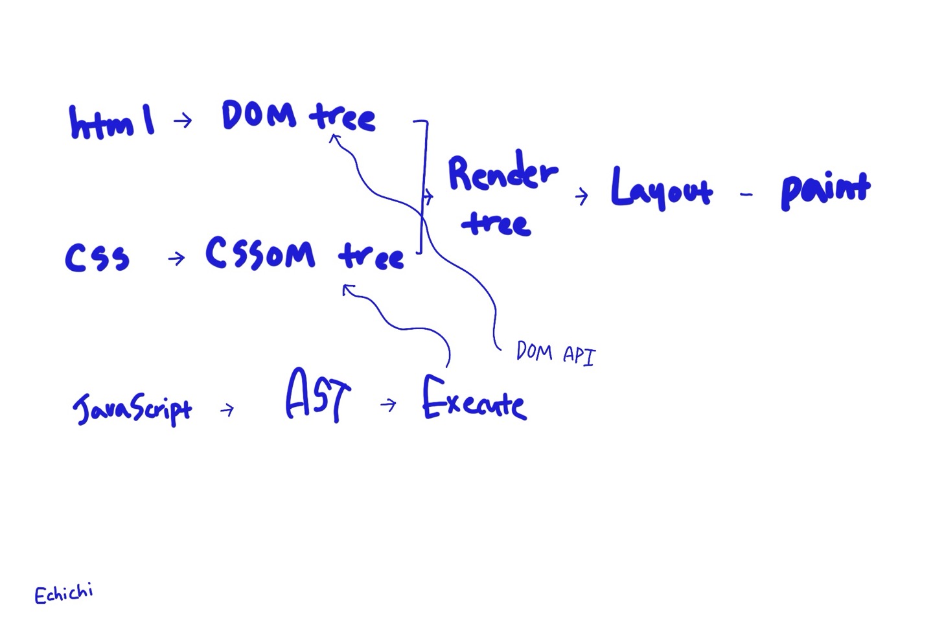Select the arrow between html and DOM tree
[x=183, y=120]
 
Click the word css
[x=97, y=257]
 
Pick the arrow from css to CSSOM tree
[x=176, y=259]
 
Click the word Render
[x=502, y=174]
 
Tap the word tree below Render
[x=496, y=223]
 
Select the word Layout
[x=661, y=189]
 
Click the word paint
[x=825, y=190]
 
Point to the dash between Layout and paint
[x=746, y=194]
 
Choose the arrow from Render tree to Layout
[x=581, y=195]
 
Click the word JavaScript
[x=133, y=408]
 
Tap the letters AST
[x=318, y=396]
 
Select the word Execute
[x=474, y=400]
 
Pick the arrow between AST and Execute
[x=389, y=405]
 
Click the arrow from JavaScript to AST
[x=227, y=409]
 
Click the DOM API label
[x=555, y=354]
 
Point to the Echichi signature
[x=63, y=593]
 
